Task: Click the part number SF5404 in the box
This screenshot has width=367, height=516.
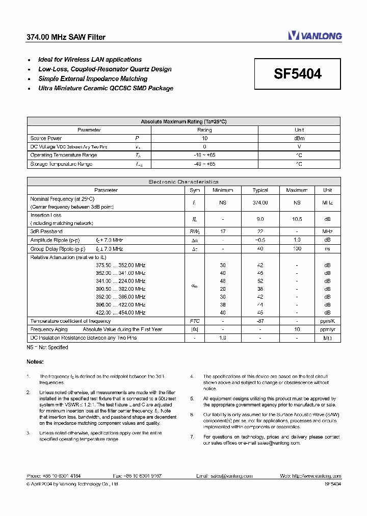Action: point(298,74)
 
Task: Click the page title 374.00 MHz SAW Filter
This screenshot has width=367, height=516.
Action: point(66,37)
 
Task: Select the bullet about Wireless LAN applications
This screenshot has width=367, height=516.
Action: point(90,60)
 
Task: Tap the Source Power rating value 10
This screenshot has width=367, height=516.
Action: point(204,138)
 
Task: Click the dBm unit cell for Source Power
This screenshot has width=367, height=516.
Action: point(299,138)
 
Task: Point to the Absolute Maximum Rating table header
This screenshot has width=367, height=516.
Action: point(183,122)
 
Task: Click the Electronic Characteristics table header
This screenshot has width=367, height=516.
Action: point(183,182)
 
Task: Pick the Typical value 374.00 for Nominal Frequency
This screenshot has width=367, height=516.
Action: point(260,202)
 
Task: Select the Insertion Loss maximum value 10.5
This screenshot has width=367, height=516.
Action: point(297,219)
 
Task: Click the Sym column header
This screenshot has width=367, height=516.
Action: point(195,190)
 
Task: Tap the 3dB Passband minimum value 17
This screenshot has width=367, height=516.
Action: point(223,231)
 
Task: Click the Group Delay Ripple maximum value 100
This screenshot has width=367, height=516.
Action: point(297,249)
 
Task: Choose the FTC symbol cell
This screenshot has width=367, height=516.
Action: point(195,321)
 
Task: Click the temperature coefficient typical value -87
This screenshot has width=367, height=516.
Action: point(260,321)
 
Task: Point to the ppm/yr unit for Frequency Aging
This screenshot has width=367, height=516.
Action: point(327,329)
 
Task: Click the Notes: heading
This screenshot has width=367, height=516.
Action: point(35,362)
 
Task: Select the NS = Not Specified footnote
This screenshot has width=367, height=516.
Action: point(47,347)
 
